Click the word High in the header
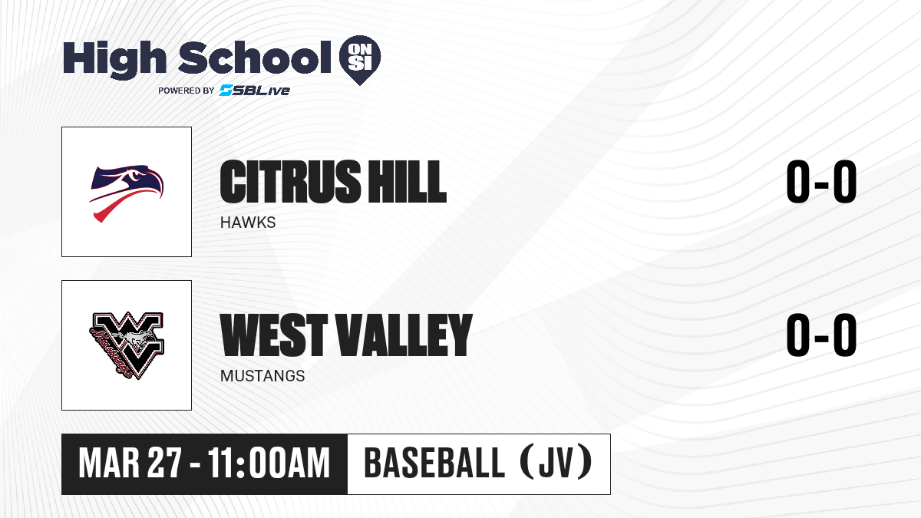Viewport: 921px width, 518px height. pos(114,59)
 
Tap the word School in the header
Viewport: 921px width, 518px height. pos(255,58)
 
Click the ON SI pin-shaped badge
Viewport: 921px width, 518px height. pos(360,60)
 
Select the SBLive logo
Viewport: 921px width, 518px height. pos(255,90)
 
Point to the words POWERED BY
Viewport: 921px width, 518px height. pos(187,91)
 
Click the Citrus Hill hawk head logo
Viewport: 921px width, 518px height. pos(127,193)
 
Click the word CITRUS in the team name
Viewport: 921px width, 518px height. pos(291,181)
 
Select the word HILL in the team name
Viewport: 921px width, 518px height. pos(407,181)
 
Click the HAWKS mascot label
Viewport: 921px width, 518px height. pos(248,223)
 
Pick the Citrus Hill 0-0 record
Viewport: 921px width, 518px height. pos(821,181)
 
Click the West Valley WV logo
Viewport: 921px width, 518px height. pos(127,345)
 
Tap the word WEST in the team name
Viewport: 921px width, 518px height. pos(274,335)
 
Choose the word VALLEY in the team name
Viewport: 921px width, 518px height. pos(405,335)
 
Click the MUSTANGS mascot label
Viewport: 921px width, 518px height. pos(262,376)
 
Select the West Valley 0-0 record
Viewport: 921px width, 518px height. pos(821,335)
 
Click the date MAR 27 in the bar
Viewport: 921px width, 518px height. pos(130,464)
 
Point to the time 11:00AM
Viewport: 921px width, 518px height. pos(269,464)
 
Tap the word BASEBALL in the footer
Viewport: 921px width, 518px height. pos(434,462)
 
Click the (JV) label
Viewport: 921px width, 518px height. pos(556,462)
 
